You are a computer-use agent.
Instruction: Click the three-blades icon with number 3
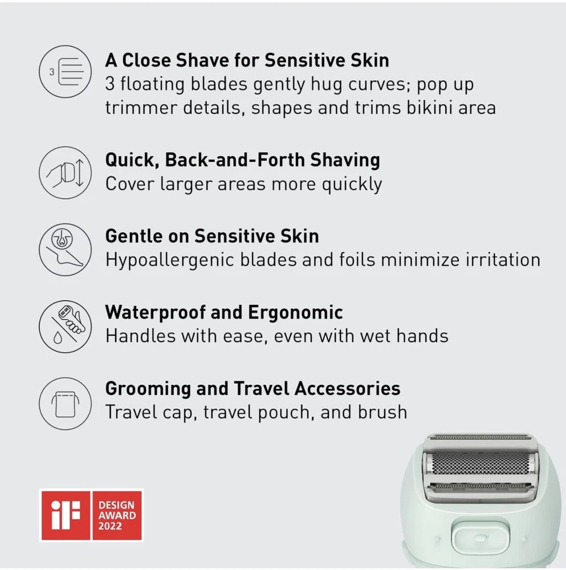[66, 72]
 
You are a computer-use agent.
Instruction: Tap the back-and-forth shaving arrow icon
[66, 173]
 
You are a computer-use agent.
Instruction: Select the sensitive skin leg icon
[66, 250]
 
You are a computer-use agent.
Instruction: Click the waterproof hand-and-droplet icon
[66, 326]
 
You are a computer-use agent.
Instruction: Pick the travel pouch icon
[66, 403]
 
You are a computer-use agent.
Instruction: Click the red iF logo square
[66, 515]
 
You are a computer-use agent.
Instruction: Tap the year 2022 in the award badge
[110, 526]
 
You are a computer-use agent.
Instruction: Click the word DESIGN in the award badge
[116, 505]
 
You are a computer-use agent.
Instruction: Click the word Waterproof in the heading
[156, 312]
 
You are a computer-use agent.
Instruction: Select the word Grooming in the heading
[148, 389]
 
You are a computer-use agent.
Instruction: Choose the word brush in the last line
[382, 412]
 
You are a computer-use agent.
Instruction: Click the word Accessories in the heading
[347, 388]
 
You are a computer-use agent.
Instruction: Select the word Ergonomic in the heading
[295, 312]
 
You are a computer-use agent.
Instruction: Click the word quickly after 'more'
[352, 184]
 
